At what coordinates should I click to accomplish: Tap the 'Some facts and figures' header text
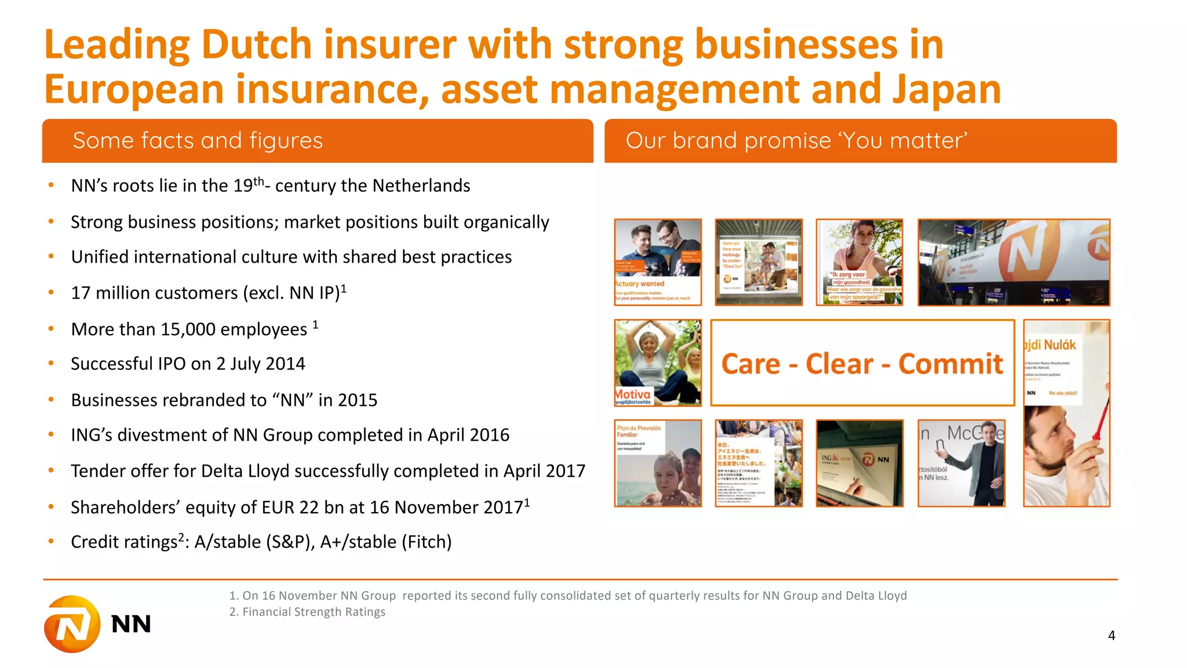(198, 141)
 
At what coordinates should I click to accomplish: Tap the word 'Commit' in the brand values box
(951, 364)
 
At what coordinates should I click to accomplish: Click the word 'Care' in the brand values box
(751, 364)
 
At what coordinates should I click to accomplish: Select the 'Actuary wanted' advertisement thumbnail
(658, 262)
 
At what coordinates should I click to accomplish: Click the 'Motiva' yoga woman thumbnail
(658, 362)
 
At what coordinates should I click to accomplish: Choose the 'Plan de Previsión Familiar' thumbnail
(658, 463)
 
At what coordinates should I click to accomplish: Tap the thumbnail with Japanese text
(759, 463)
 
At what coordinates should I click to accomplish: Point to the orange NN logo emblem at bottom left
(72, 624)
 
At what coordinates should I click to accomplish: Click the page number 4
(1111, 636)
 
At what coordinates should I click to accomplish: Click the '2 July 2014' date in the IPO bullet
(260, 364)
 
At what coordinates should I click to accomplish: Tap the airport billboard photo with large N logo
(1014, 262)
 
